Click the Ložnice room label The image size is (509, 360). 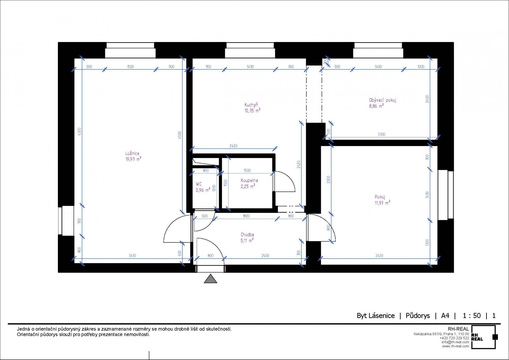(132, 153)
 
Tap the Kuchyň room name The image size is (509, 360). (251, 105)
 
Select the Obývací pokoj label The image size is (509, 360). (383, 100)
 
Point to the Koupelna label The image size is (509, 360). (249, 180)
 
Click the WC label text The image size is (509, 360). (199, 184)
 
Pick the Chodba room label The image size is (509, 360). (247, 234)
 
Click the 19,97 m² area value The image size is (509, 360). (133, 159)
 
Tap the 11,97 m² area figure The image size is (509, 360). (382, 202)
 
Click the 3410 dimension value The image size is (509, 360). (132, 256)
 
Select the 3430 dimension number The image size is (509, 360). (379, 256)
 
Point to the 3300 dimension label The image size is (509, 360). (381, 134)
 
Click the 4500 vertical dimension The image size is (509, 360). (179, 135)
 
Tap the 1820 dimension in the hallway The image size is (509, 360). (246, 216)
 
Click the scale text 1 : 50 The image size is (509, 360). (472, 316)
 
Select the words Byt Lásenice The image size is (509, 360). (376, 316)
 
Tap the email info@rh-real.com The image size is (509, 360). (455, 342)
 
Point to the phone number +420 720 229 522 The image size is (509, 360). (454, 338)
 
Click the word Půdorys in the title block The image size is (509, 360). (418, 316)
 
